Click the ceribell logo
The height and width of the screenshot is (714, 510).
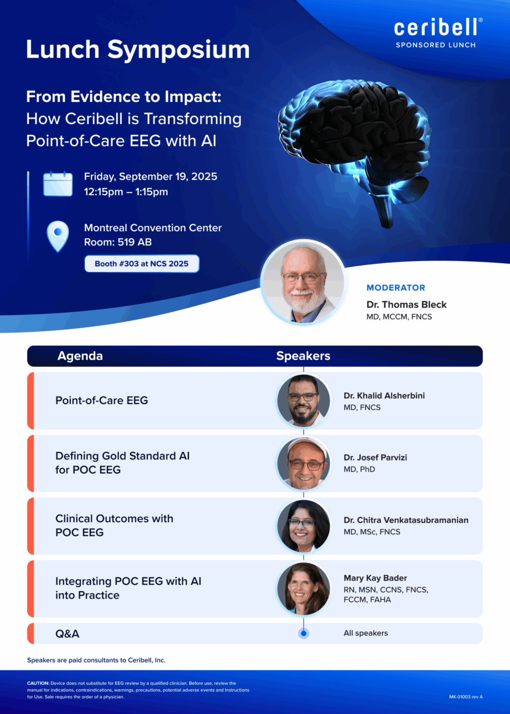click(x=438, y=27)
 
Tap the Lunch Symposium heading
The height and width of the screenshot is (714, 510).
click(x=138, y=49)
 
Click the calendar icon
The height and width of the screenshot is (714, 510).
click(x=58, y=184)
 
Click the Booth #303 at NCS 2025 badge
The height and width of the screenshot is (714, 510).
click(x=142, y=264)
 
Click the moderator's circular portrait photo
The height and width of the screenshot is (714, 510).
click(x=303, y=283)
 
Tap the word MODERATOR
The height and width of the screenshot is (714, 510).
click(x=396, y=288)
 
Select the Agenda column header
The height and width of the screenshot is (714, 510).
click(x=80, y=356)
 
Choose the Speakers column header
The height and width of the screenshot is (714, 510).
click(x=303, y=356)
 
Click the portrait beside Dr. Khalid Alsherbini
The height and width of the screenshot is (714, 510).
click(x=303, y=401)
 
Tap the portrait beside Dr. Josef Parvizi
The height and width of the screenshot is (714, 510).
click(x=303, y=463)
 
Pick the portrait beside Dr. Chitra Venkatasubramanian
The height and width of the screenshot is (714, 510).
click(x=303, y=526)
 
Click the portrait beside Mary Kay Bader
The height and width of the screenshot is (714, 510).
click(x=303, y=589)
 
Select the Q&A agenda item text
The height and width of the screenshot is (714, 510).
click(x=67, y=633)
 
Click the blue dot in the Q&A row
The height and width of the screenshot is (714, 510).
click(x=303, y=633)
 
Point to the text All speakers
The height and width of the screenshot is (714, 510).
click(x=366, y=633)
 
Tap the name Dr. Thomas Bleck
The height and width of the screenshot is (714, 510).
click(x=406, y=304)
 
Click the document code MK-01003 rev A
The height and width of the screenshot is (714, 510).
click(x=466, y=697)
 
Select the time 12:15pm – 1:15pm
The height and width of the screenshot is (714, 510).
click(x=126, y=192)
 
